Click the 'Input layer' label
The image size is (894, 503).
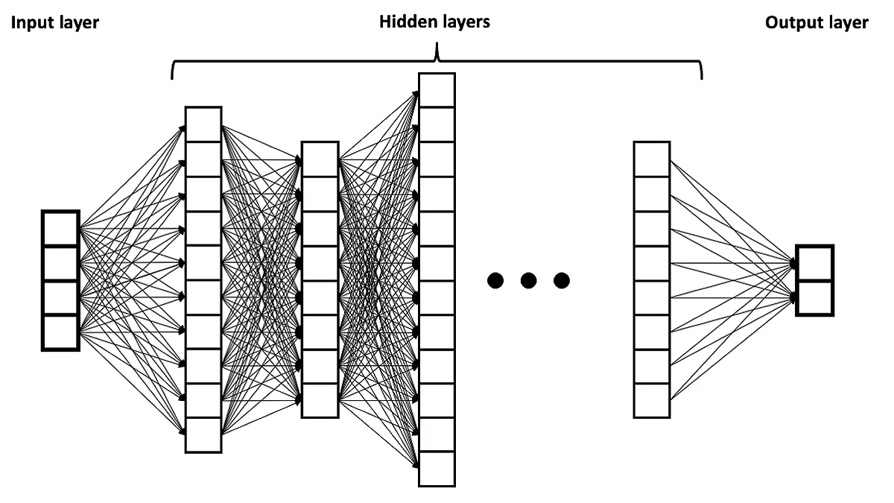coord(54,23)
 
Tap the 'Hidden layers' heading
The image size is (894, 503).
coord(435,22)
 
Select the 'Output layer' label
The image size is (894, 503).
coord(817,23)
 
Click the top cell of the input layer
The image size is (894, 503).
coord(60,229)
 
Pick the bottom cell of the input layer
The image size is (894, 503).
coord(60,332)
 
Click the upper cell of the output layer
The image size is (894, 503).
coord(814,263)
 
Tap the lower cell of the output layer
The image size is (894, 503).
coord(814,298)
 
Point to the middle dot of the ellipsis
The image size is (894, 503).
coord(528,281)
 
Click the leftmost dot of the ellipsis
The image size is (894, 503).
coord(495,281)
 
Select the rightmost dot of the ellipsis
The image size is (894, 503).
coord(561,281)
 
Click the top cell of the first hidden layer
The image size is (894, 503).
coord(203,124)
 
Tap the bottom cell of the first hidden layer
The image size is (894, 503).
coord(203,435)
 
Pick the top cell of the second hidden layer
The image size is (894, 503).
coord(320,159)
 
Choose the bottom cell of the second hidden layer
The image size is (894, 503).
coord(320,400)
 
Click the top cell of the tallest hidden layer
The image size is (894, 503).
coord(436,90)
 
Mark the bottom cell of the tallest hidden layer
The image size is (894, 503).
coord(436,469)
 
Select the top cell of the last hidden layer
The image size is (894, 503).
coord(652,159)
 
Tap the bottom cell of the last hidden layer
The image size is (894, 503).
coord(652,400)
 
